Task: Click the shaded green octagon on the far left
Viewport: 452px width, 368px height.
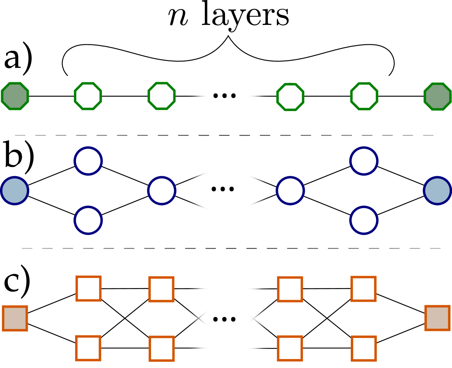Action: point(15,96)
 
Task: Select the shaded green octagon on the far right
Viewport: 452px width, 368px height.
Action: point(438,96)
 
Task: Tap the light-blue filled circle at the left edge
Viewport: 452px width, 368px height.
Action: point(14,191)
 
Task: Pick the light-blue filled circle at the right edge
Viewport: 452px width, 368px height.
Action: point(438,191)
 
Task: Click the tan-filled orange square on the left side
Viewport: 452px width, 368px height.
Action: point(15,318)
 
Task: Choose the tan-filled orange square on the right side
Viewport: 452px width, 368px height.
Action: point(438,318)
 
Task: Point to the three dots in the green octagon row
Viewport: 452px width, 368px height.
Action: point(225,96)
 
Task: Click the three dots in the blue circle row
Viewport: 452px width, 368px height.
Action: point(223,189)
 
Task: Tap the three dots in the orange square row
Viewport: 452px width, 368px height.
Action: point(225,320)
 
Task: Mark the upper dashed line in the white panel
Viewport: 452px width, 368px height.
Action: point(228,136)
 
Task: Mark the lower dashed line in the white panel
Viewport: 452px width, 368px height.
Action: point(228,248)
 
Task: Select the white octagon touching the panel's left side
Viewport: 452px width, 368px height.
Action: point(162,96)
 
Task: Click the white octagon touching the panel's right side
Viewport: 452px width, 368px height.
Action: point(290,97)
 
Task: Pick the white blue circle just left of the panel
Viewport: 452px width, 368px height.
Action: point(162,191)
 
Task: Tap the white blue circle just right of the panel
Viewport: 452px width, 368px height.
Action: point(290,191)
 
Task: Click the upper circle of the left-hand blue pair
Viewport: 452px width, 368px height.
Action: point(88,161)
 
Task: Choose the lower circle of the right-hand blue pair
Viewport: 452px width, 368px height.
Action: point(364,220)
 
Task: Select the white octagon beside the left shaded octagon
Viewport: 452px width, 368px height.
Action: point(88,96)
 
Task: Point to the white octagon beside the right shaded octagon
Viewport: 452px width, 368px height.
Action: point(364,96)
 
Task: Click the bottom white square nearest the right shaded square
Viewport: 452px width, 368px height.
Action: point(364,349)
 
